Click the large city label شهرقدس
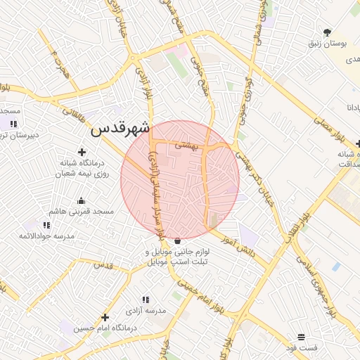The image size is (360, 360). tap(120, 129)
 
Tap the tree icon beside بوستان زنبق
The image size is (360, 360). tap(327, 32)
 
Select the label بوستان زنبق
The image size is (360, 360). tap(328, 44)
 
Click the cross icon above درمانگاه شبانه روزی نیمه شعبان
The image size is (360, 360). tap(82, 152)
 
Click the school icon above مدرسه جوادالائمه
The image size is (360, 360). tap(46, 225)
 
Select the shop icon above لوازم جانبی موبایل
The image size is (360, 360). tap(176, 240)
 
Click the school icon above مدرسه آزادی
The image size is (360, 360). tap(146, 300)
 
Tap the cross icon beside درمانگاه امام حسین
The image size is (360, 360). tap(105, 317)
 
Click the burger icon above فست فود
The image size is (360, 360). tap(302, 337)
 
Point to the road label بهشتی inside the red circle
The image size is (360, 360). tap(188, 144)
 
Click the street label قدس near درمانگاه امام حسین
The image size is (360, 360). tap(103, 265)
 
